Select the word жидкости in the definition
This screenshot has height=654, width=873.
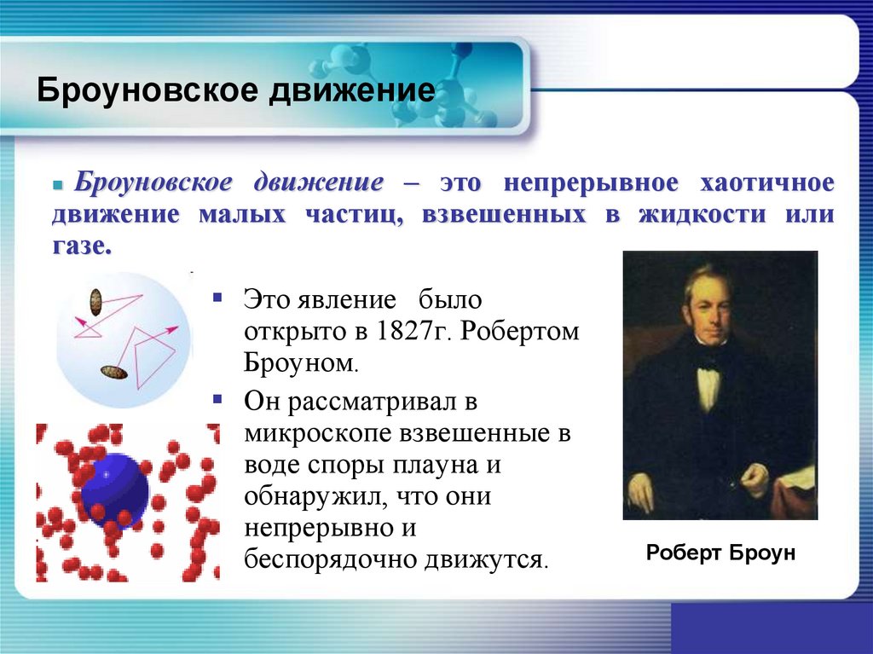[x=702, y=214]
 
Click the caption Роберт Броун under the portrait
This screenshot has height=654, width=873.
[x=720, y=553]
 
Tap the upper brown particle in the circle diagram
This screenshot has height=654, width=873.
[x=95, y=301]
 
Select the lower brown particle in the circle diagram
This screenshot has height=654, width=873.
[x=114, y=372]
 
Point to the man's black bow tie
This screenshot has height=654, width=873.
[x=708, y=352]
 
